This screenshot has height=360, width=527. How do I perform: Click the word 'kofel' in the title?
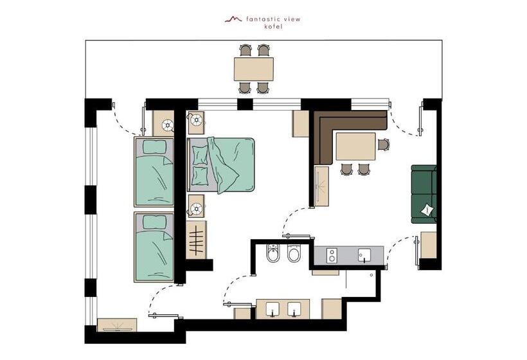point(273,27)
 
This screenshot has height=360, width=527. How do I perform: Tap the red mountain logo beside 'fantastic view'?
point(233,19)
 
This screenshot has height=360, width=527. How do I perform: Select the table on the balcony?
point(254,67)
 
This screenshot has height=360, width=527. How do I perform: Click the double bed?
point(220,165)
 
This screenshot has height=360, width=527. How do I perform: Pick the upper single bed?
point(154,172)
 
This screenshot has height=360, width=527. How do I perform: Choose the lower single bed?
point(154,247)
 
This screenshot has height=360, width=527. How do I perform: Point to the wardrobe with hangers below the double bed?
point(197,239)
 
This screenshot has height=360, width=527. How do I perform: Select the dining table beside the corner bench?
point(356,147)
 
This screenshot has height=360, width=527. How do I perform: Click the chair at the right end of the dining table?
point(383,145)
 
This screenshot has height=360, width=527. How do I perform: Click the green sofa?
point(424,194)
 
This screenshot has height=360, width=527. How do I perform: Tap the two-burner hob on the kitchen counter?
point(333,255)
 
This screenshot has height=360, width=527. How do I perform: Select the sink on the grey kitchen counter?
point(365,255)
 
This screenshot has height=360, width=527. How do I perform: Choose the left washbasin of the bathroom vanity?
point(274,309)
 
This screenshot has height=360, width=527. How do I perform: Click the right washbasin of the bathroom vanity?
point(294,309)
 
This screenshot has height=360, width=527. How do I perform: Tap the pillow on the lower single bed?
point(154,222)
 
